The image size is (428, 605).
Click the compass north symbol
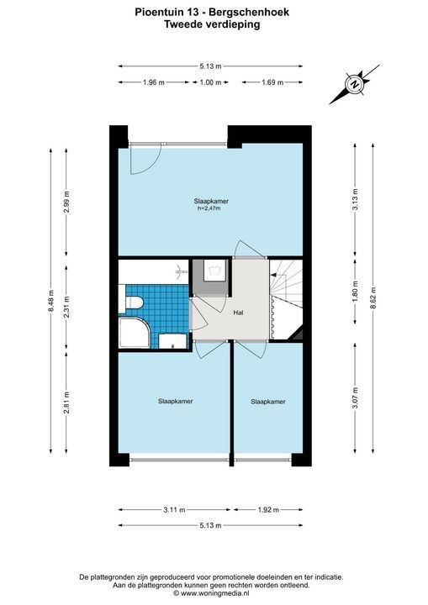click(354, 84)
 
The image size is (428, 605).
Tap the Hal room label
click(238, 313)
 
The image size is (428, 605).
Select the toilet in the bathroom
click(131, 303)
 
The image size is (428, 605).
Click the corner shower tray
click(135, 333)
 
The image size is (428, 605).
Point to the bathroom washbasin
click(173, 341)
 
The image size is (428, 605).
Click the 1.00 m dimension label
click(210, 82)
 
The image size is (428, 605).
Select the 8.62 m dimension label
click(373, 298)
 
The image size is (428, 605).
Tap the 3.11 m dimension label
click(174, 510)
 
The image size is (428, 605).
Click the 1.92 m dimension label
click(268, 510)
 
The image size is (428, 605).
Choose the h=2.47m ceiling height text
click(209, 208)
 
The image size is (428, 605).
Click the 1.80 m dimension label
click(356, 292)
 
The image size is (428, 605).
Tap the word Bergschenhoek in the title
click(249, 13)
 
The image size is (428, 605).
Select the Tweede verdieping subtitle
click(212, 24)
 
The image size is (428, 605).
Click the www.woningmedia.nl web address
click(214, 593)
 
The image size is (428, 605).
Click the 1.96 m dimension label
click(154, 82)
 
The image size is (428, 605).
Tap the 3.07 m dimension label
click(356, 397)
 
